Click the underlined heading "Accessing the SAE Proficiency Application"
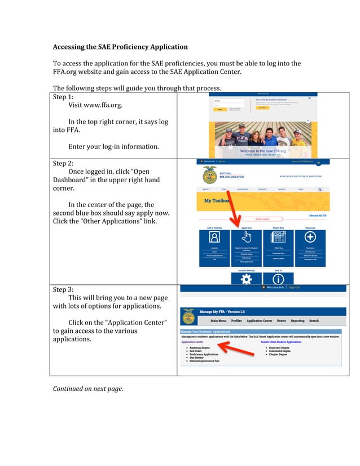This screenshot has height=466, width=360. pos(120,47)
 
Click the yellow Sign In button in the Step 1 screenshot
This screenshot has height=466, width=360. pos(219,109)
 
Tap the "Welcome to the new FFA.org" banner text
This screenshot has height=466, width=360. pos(263,151)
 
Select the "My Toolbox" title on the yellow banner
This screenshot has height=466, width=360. pos(216,200)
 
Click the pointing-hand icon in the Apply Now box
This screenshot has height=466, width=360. pos(247,237)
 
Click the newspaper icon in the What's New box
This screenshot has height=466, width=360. pos(278,237)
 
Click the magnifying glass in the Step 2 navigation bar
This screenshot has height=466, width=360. pos(320,190)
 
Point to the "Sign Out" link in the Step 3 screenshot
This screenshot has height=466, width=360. pos(294,288)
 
